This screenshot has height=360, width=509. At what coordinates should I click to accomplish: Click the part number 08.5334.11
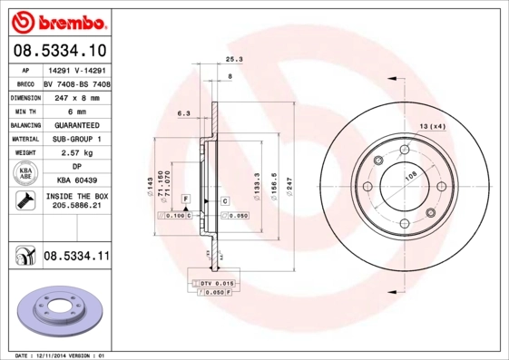(x=76, y=258)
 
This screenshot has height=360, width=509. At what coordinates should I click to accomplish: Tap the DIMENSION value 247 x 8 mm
(x=76, y=97)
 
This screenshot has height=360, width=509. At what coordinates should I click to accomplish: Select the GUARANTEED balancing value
(x=76, y=124)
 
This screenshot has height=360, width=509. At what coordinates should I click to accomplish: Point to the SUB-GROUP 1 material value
(x=76, y=139)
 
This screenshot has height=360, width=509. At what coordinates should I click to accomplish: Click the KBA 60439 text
(x=76, y=180)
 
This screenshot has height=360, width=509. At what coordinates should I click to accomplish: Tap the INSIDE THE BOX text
(x=76, y=196)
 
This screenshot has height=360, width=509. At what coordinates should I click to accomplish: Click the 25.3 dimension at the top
(x=233, y=59)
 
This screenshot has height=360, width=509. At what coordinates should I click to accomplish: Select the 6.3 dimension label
(x=182, y=113)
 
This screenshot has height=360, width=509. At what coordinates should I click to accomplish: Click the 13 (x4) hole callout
(x=432, y=126)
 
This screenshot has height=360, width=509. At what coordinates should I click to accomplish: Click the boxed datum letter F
(x=185, y=198)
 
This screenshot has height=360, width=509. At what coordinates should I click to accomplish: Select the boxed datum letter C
(x=224, y=199)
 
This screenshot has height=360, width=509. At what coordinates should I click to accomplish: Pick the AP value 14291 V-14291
(x=76, y=70)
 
